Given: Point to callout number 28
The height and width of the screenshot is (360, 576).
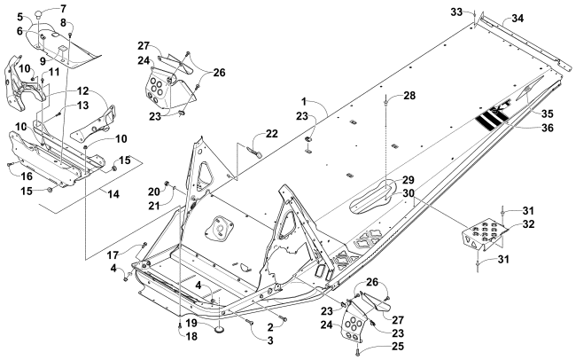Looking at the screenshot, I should [x=410, y=95].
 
